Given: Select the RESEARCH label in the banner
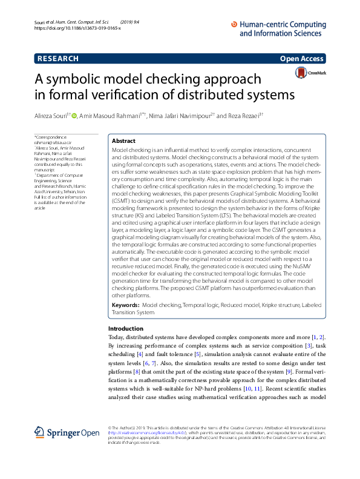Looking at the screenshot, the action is point(57,59).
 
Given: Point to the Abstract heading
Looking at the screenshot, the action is point(123,140).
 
